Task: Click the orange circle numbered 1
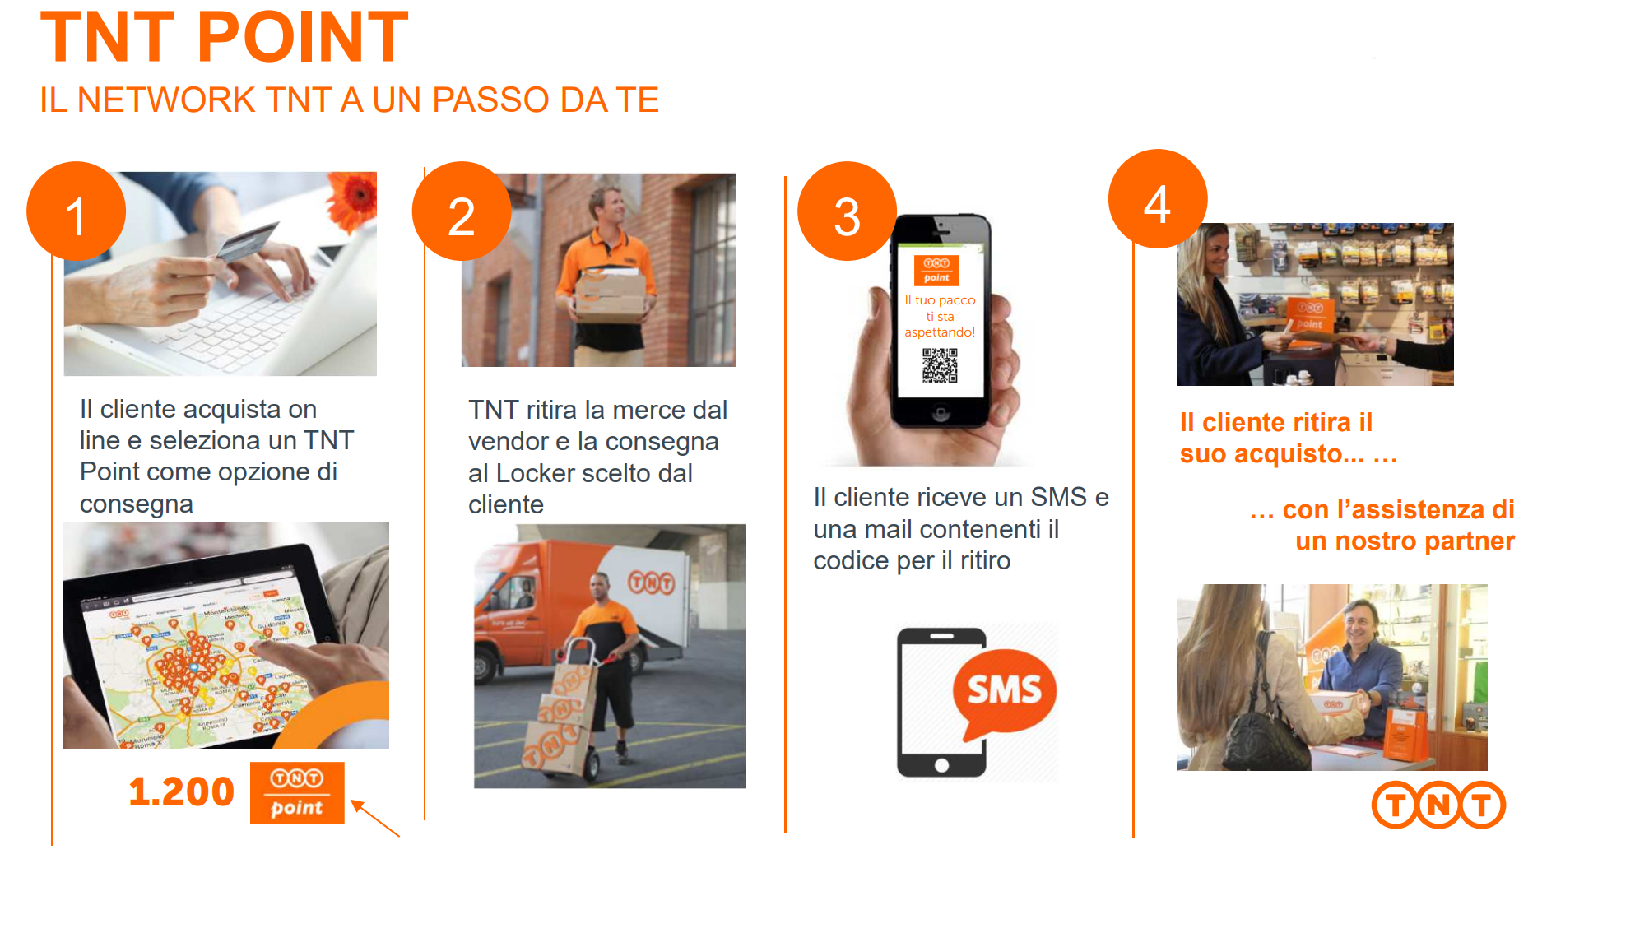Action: tap(76, 212)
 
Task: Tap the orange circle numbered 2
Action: tap(461, 212)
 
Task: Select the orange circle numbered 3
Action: tap(847, 212)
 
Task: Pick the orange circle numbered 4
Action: tap(1157, 200)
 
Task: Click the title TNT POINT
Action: tap(224, 38)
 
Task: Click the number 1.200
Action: tap(181, 791)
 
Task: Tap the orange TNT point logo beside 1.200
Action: tap(297, 793)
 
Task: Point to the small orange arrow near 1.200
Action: tap(374, 817)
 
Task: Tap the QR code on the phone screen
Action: tap(940, 365)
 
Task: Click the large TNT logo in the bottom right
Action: tap(1438, 805)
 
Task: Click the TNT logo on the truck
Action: tap(651, 582)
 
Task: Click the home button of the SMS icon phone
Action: tap(941, 765)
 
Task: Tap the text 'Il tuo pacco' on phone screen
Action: tap(940, 300)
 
